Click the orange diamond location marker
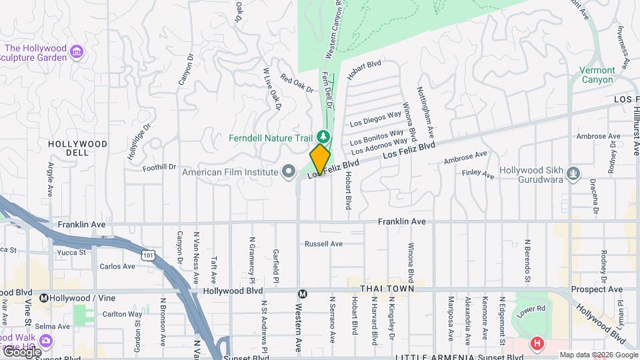pyautogui.click(x=320, y=159)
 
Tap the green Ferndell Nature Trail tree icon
pyautogui.click(x=324, y=137)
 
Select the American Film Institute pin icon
pyautogui.click(x=288, y=172)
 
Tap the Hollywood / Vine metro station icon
pyautogui.click(x=44, y=297)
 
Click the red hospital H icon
pyautogui.click(x=537, y=344)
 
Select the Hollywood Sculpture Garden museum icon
pyautogui.click(x=77, y=51)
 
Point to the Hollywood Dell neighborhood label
pyautogui.click(x=78, y=148)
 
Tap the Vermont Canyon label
pyautogui.click(x=597, y=75)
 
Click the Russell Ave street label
pyautogui.click(x=323, y=244)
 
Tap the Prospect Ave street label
pyautogui.click(x=599, y=290)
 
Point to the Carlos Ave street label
pyautogui.click(x=117, y=267)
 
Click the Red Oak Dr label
pyautogui.click(x=297, y=85)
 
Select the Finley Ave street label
pyautogui.click(x=478, y=175)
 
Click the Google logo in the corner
pyautogui.click(x=21, y=351)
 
